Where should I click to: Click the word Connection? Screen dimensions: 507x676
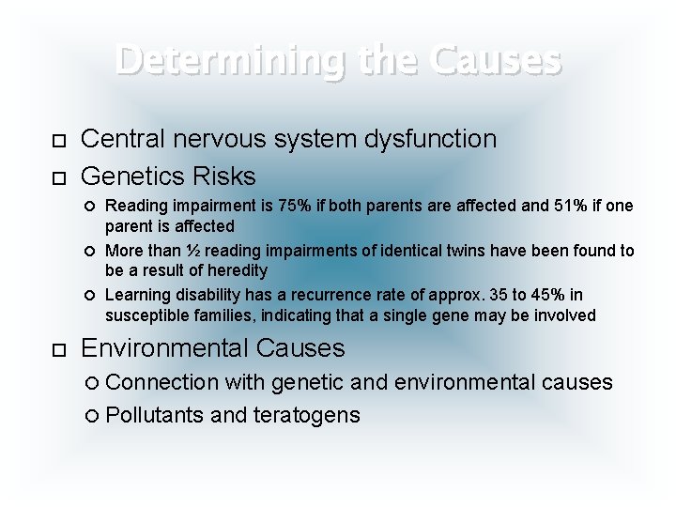pos(159,382)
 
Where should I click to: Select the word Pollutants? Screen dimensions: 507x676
pos(155,415)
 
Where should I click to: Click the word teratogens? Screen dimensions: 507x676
pos(307,415)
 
